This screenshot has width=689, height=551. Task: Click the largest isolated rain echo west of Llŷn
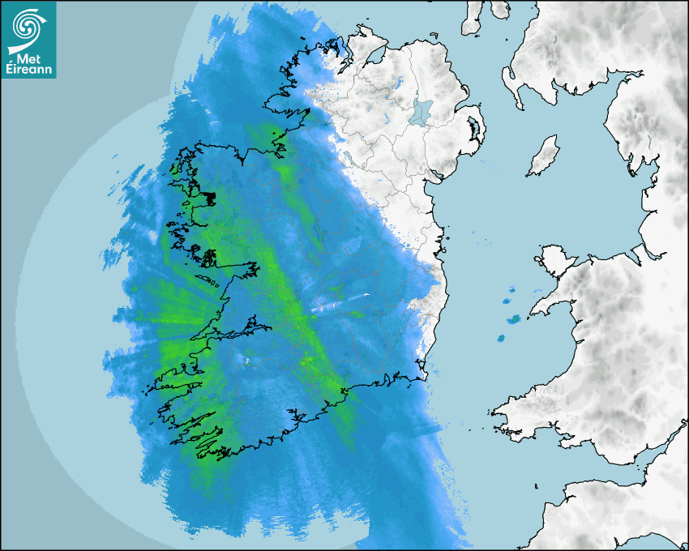point(512,318)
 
